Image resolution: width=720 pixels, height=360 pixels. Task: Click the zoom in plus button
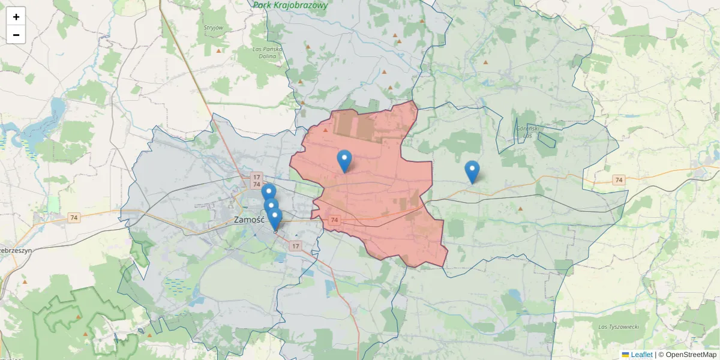(16, 17)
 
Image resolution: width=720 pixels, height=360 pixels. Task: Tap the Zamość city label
(249, 220)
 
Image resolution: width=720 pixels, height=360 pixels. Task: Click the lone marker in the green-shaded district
(472, 171)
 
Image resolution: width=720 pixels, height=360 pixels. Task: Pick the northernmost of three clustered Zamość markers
(269, 192)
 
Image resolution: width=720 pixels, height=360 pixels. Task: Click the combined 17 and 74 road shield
(257, 181)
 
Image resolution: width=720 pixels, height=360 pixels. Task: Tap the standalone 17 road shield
(295, 246)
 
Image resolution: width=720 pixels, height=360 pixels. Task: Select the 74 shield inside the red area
(334, 220)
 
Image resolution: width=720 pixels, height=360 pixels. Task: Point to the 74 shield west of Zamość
(74, 218)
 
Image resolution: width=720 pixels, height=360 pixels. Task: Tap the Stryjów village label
(214, 28)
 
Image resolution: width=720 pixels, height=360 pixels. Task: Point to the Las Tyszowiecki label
(619, 326)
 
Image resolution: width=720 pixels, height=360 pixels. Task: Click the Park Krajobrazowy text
(290, 5)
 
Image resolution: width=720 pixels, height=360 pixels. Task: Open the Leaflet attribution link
(641, 355)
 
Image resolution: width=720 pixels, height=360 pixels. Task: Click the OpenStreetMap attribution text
(687, 355)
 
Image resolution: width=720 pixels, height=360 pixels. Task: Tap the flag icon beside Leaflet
(625, 355)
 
